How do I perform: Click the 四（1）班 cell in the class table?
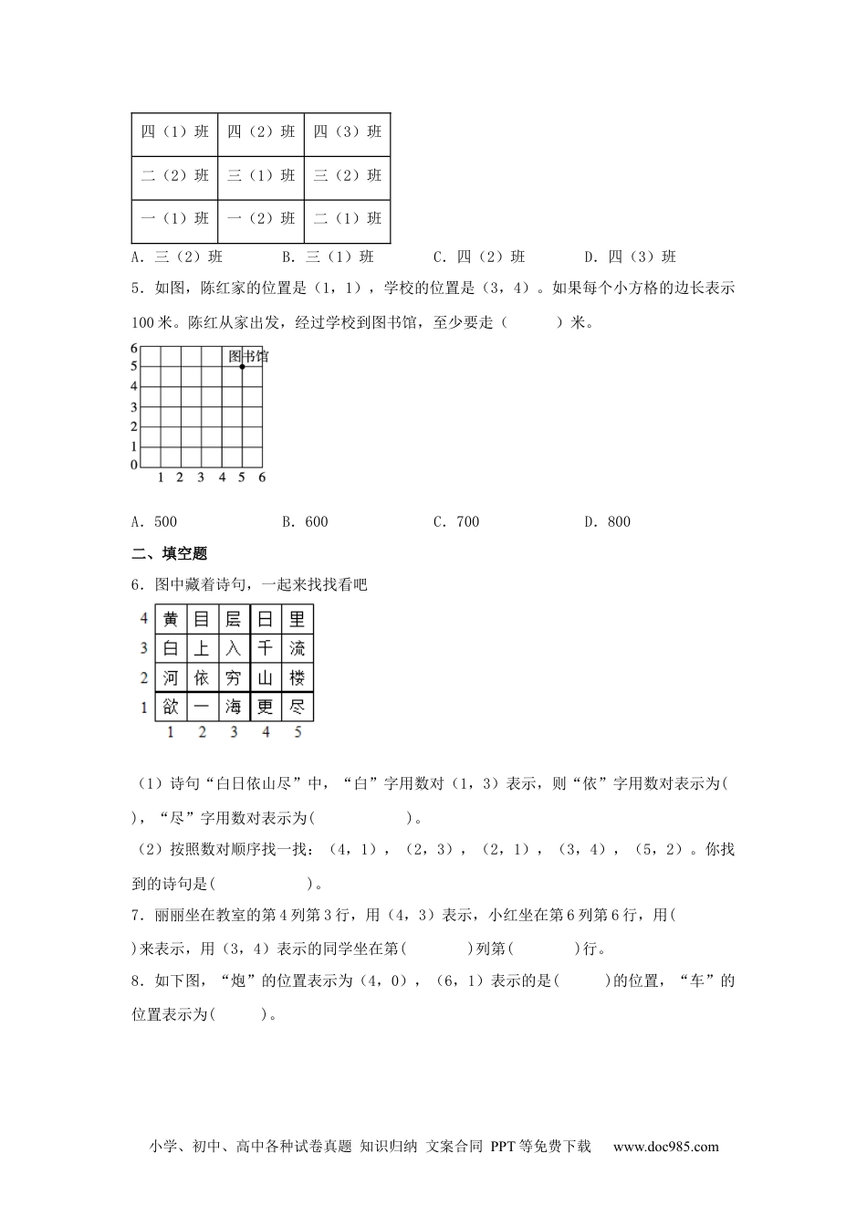pos(174,131)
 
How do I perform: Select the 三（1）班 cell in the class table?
pos(261,175)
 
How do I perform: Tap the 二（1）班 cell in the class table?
pos(348,218)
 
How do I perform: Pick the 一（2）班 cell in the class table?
pos(261,218)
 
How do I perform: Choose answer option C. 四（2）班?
pos(479,257)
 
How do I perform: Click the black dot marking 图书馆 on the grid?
pos(242,366)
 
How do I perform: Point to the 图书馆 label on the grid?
pos(248,355)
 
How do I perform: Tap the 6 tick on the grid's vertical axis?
pos(133,348)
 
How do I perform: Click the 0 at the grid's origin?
pos(133,465)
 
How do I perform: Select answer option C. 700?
pos(455,522)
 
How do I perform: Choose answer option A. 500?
pos(154,522)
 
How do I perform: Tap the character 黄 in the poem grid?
pos(171,619)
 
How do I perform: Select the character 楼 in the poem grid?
pos(297,677)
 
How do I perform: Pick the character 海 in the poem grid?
pos(234,707)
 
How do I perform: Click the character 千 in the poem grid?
pos(266,648)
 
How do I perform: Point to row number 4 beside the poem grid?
pos(143,619)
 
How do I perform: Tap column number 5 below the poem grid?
pos(298,732)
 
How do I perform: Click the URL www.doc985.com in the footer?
pos(665,1148)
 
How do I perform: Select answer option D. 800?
pos(607,522)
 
